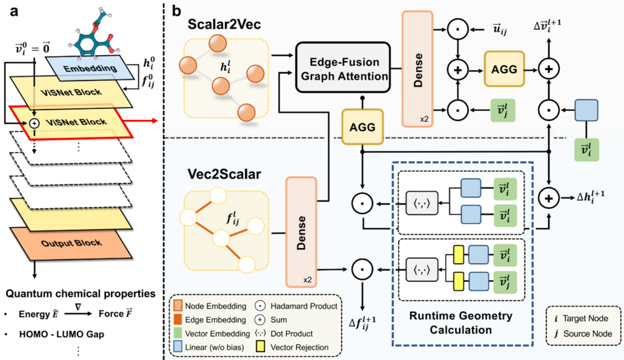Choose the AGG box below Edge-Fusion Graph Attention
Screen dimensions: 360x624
[x=362, y=127]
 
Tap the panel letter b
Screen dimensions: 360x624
[x=177, y=10]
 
